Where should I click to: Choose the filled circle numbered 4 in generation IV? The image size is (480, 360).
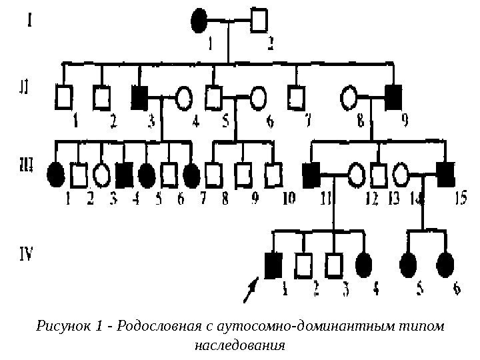[x=364, y=265]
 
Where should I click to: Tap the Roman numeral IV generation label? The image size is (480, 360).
[x=25, y=253]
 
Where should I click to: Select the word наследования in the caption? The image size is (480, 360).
[x=239, y=346]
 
